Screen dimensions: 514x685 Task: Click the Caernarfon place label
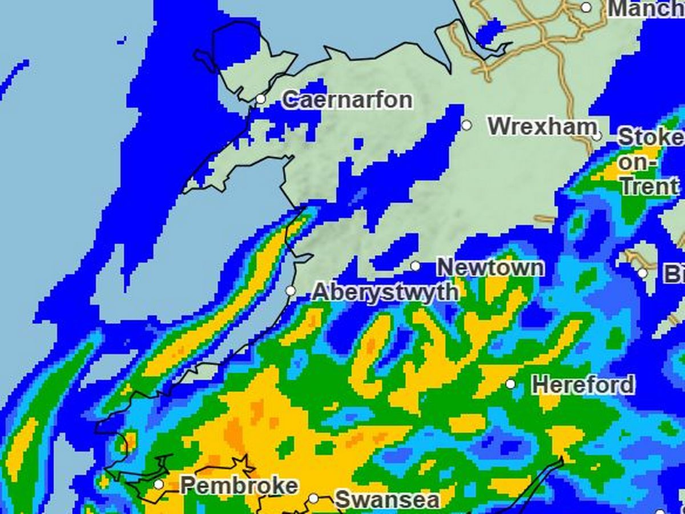point(347,101)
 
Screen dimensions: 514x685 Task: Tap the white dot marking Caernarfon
point(260,99)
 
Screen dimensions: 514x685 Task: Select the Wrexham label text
point(542,126)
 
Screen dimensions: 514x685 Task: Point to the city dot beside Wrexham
point(466,125)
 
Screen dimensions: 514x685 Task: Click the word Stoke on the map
point(651,138)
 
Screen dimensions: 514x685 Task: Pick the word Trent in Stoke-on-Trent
point(650,186)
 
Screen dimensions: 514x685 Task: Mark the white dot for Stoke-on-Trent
point(597,136)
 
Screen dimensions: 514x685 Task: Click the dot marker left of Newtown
point(415,266)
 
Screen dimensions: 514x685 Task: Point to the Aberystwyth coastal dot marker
point(291,291)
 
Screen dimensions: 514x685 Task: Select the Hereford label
point(583,384)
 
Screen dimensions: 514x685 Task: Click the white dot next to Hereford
point(510,384)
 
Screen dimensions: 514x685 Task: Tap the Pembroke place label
point(239,485)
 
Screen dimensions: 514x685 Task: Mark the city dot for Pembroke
point(159,485)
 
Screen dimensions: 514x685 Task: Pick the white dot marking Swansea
point(313,499)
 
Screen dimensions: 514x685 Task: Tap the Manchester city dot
point(586,7)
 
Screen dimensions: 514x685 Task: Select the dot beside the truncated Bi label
point(643,273)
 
